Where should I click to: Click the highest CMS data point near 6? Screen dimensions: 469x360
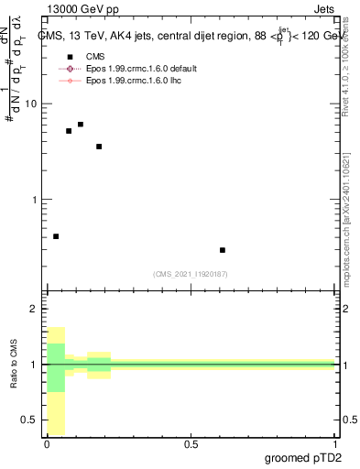click(x=81, y=125)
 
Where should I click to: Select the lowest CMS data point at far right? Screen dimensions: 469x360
click(x=223, y=250)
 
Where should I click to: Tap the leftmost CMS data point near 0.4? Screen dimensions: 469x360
click(x=56, y=236)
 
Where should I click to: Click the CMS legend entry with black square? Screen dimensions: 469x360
click(x=90, y=57)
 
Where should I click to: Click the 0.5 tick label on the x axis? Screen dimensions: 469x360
click(x=191, y=444)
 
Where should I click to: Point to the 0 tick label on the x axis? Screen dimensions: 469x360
click(x=47, y=444)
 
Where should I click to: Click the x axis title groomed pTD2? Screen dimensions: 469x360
click(x=305, y=458)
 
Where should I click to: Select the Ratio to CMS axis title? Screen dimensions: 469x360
click(x=15, y=365)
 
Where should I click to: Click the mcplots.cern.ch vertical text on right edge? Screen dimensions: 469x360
click(x=349, y=229)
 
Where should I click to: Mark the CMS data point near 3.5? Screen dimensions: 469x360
click(x=99, y=147)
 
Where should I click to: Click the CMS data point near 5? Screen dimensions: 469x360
click(x=69, y=131)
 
